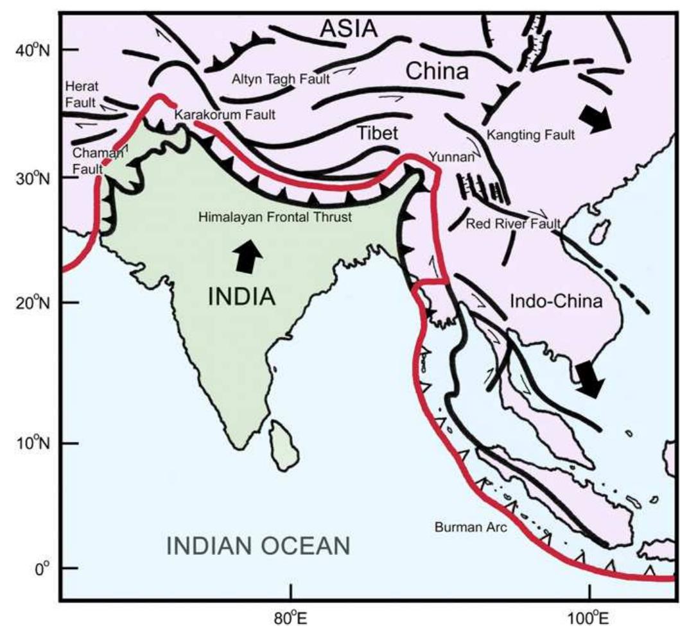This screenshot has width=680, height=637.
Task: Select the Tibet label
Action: coord(377,133)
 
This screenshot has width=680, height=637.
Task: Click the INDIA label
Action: coord(241,296)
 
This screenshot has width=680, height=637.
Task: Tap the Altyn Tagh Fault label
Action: coord(281,79)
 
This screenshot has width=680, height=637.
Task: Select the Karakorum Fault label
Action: coord(224,115)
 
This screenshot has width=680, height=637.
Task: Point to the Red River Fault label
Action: coord(513,223)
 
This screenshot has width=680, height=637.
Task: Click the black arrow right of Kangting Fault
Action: coord(595,119)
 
